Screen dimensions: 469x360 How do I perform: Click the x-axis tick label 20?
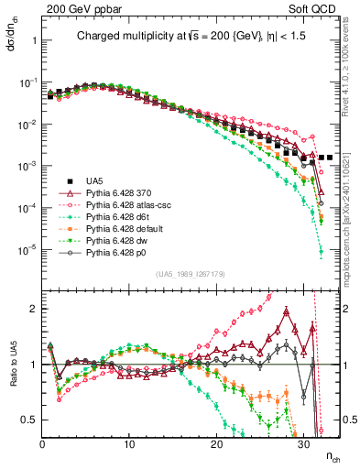tap(216, 443)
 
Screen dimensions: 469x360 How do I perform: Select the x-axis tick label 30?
tap(302, 443)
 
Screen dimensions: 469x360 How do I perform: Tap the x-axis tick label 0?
tap(43, 443)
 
